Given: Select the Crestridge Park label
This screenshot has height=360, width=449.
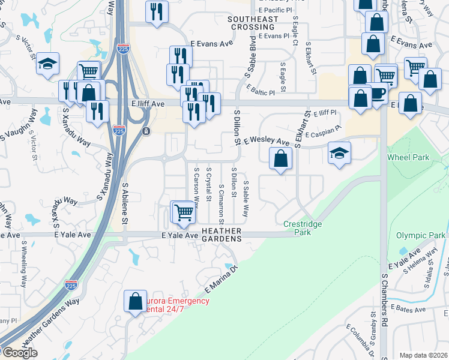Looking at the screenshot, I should [303, 227].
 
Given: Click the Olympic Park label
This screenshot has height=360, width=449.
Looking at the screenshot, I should [421, 236].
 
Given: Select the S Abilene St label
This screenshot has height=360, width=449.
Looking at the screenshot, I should [125, 203].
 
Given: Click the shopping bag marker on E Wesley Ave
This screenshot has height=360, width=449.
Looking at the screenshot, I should [280, 159].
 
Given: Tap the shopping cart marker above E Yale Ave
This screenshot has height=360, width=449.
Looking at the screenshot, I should [183, 212].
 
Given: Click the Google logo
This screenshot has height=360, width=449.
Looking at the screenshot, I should [19, 353].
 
